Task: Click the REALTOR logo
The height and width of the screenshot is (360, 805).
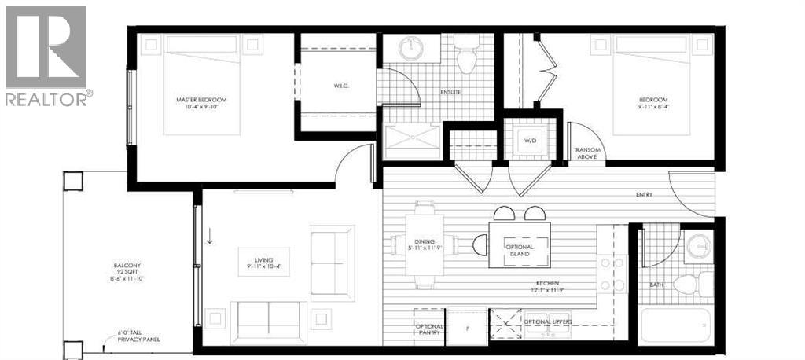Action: coord(46,55)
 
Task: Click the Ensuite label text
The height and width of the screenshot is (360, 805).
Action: coord(450,92)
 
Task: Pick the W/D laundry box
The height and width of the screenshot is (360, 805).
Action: coord(531,141)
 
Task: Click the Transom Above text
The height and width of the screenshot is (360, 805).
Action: coord(587,153)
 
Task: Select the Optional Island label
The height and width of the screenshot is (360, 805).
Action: coord(519,251)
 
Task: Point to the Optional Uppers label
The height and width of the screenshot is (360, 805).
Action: coord(548,322)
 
